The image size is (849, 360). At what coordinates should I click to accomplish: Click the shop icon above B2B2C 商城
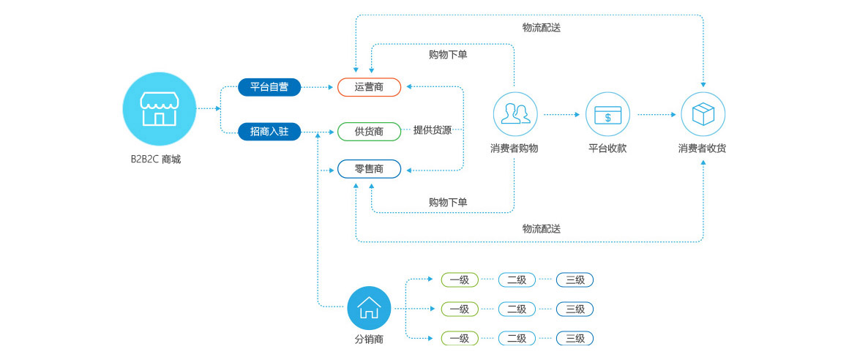point(160,108)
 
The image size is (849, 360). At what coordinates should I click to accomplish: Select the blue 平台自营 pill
point(269,87)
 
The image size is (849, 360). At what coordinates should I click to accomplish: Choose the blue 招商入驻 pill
point(269,132)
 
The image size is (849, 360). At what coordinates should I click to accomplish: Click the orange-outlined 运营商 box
point(369,87)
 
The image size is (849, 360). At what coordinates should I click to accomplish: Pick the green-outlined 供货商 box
point(369,132)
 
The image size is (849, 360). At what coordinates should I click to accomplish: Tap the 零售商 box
point(369,169)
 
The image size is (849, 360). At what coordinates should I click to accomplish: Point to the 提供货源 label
point(433,130)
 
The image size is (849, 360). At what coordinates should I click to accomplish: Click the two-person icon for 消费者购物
point(515,113)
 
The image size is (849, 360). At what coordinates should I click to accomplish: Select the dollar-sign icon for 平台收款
point(607,114)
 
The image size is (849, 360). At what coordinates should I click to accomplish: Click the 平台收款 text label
point(607,149)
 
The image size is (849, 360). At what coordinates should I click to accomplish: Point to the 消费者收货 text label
point(703,149)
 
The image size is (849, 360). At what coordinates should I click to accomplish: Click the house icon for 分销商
point(369,307)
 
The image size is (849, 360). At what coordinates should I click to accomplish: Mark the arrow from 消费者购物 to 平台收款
point(561,114)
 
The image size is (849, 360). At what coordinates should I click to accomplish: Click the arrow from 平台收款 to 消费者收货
point(657,114)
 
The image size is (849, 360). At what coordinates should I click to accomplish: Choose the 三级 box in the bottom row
point(575,338)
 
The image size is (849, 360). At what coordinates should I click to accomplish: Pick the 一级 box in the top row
point(460,280)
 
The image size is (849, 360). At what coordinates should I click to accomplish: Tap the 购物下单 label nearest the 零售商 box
point(448,202)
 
